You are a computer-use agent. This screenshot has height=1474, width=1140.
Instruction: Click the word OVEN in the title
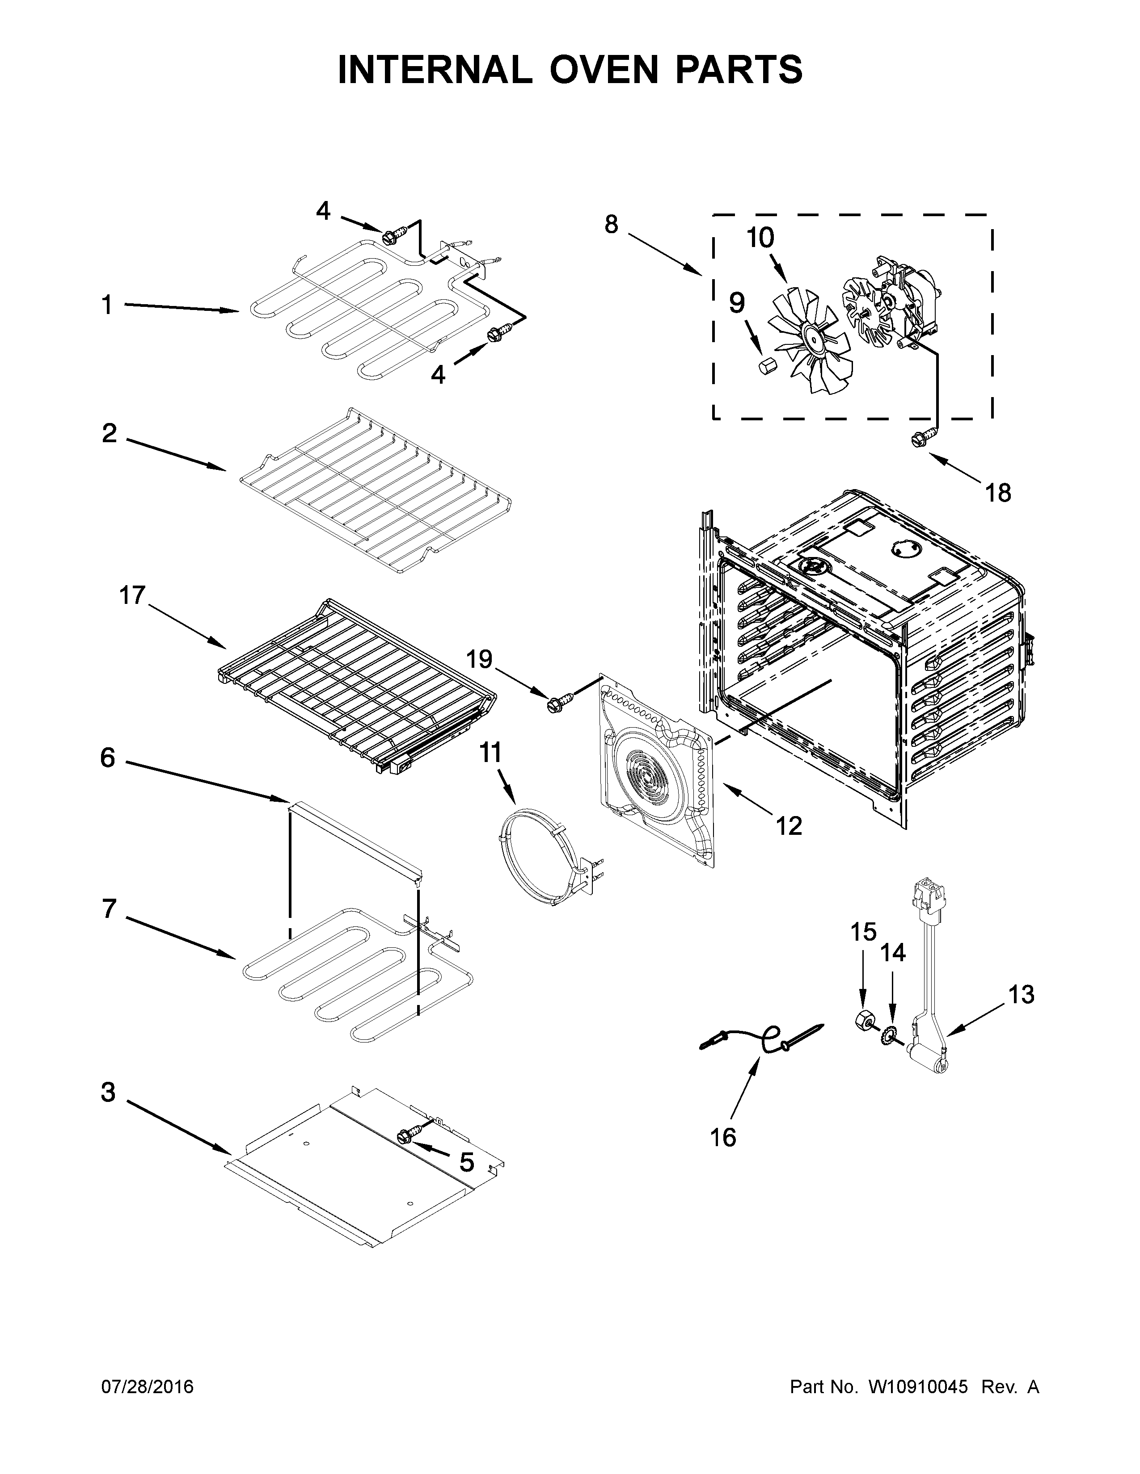pos(594,70)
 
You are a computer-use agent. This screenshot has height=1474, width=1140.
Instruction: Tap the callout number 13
pos(1021,995)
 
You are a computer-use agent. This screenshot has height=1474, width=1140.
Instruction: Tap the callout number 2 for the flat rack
pos(110,433)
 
